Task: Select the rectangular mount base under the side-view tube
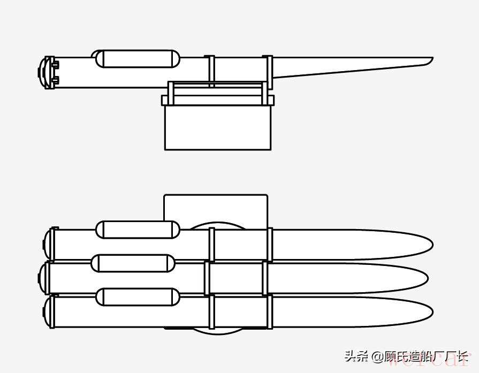pyautogui.click(x=217, y=127)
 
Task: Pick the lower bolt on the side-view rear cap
pyautogui.click(x=56, y=81)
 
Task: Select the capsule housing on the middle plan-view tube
pyautogui.click(x=133, y=263)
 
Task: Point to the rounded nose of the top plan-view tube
pyautogui.click(x=423, y=245)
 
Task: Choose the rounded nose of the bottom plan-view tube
pyautogui.click(x=423, y=312)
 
